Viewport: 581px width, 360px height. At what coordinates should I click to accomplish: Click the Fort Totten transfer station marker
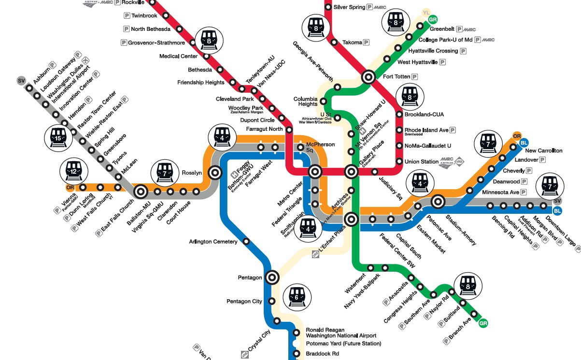point(368,76)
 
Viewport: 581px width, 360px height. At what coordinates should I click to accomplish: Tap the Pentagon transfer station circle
point(272,277)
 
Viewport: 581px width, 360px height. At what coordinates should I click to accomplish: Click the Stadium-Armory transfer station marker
point(438,201)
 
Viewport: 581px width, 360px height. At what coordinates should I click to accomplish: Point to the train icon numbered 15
point(58,138)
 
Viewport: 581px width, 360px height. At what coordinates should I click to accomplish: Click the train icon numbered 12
point(73,172)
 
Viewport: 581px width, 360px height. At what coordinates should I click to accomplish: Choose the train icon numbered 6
point(296,296)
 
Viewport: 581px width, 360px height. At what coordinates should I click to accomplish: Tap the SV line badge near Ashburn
point(21,80)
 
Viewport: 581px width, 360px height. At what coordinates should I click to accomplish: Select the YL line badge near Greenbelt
point(425,12)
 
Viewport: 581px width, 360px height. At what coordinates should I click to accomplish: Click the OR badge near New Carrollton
point(517,136)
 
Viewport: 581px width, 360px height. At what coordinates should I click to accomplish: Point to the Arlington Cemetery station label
point(213,242)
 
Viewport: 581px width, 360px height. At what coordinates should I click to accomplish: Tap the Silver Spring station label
point(349,7)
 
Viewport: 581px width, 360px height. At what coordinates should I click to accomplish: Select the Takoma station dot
point(334,42)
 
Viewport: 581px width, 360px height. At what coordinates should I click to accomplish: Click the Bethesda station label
point(200,70)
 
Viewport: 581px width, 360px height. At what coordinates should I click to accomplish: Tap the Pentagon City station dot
point(271,301)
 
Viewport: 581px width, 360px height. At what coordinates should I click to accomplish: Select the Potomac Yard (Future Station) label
point(343,344)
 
